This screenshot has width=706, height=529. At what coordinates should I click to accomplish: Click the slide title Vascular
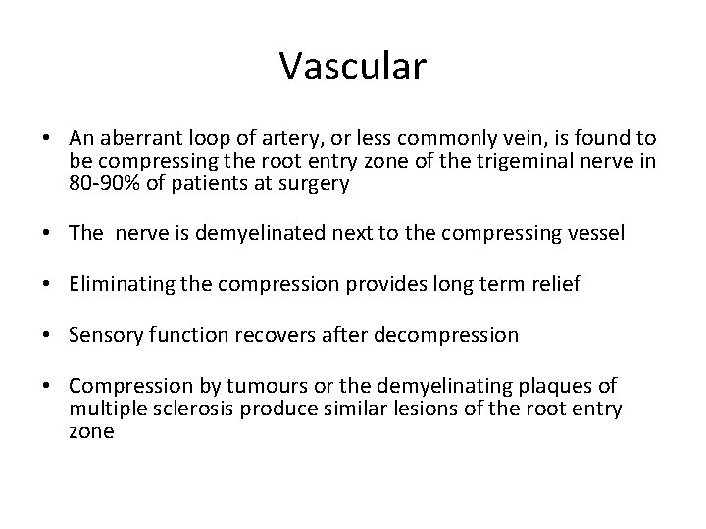tap(352, 66)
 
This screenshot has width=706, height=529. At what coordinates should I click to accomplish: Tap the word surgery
tap(315, 183)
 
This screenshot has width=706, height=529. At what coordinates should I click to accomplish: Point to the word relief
tap(553, 284)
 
